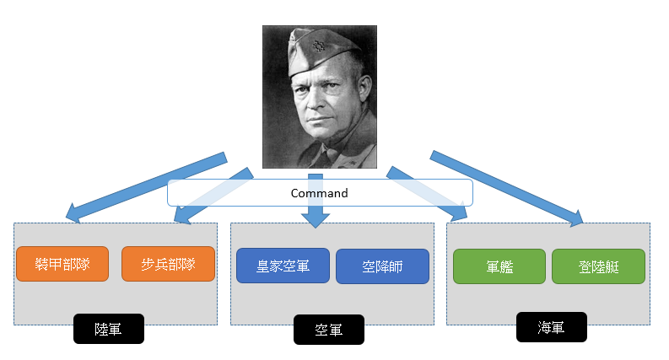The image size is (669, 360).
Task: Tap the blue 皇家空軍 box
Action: (x=283, y=266)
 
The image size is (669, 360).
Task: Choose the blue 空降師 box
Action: (x=382, y=266)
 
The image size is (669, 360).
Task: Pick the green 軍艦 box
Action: (x=500, y=266)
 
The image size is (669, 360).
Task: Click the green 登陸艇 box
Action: (x=598, y=266)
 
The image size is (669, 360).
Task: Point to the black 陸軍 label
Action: (x=109, y=329)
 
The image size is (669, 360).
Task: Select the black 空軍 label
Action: (x=328, y=330)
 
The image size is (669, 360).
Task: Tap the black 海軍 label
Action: (x=551, y=326)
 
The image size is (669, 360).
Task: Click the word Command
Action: (x=319, y=193)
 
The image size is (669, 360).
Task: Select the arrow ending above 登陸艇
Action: (x=506, y=187)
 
